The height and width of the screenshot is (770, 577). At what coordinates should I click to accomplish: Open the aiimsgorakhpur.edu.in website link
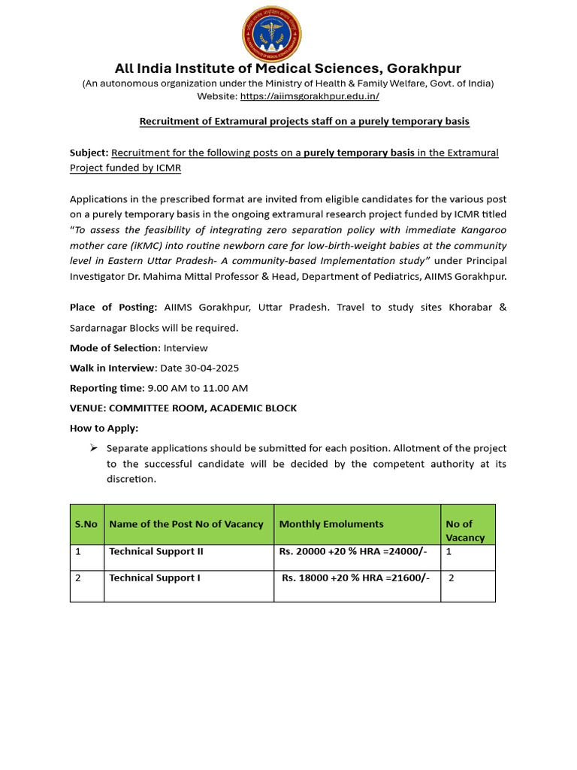point(310,96)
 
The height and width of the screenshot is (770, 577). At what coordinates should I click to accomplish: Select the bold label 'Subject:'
point(89,153)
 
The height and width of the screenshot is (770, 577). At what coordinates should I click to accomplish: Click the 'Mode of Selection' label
point(114,348)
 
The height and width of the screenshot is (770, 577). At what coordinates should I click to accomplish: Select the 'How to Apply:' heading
point(104,428)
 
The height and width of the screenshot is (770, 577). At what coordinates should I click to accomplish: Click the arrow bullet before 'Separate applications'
point(94,448)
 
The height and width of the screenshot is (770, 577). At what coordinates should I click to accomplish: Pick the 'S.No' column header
point(86,524)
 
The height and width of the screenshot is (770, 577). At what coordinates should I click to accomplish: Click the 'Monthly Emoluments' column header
point(331,524)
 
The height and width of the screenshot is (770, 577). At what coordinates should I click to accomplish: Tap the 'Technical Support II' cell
point(156,551)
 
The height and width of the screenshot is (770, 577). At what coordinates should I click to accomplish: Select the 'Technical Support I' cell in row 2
point(154,578)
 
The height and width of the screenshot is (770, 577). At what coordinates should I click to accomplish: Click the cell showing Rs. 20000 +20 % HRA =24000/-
point(352,551)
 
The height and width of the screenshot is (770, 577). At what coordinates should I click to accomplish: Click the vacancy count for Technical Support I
point(451,578)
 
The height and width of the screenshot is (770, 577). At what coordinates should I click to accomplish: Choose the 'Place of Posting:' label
point(113,308)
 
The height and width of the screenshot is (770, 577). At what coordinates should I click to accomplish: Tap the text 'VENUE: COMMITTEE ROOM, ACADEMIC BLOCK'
point(183,408)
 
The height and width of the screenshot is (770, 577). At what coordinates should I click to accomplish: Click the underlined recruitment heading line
point(304,121)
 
